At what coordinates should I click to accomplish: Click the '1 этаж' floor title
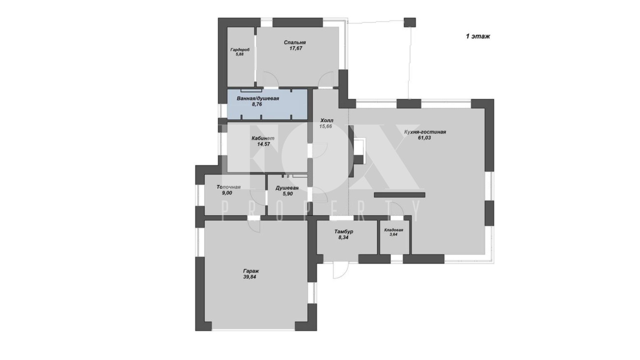(x=478, y=36)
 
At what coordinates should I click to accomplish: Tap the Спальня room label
(x=295, y=42)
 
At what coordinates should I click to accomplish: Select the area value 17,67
(x=296, y=49)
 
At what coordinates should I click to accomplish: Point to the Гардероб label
(x=240, y=50)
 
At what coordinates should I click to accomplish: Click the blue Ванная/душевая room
(x=267, y=104)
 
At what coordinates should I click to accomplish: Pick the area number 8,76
(x=257, y=104)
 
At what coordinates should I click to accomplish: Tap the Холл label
(x=327, y=121)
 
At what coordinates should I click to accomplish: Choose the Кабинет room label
(x=263, y=138)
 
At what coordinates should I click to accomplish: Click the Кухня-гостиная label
(x=425, y=132)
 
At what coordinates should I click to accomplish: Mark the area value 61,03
(x=424, y=138)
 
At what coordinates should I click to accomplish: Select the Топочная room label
(x=228, y=187)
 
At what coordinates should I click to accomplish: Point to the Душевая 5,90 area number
(x=287, y=194)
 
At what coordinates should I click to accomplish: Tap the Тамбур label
(x=344, y=231)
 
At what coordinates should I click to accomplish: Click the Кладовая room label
(x=393, y=230)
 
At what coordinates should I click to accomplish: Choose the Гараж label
(x=251, y=271)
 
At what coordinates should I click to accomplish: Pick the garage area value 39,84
(x=250, y=277)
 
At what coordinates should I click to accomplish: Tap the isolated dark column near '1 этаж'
(x=410, y=22)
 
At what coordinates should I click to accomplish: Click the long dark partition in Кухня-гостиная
(x=400, y=195)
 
